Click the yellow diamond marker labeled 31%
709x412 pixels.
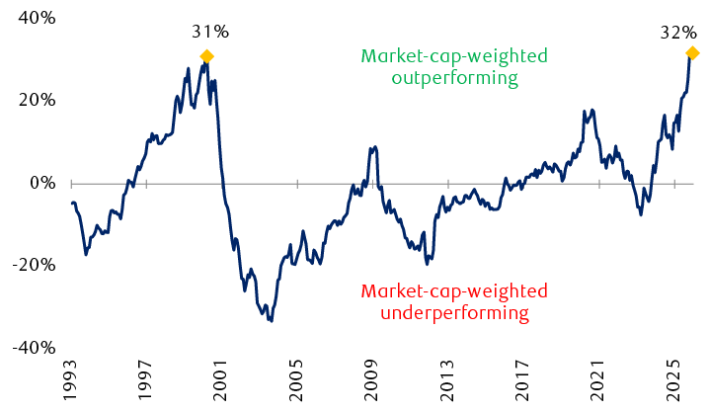(206, 56)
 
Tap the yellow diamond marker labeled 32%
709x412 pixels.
(692, 52)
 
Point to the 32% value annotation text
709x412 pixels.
(677, 32)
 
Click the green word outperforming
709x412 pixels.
(440, 77)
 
